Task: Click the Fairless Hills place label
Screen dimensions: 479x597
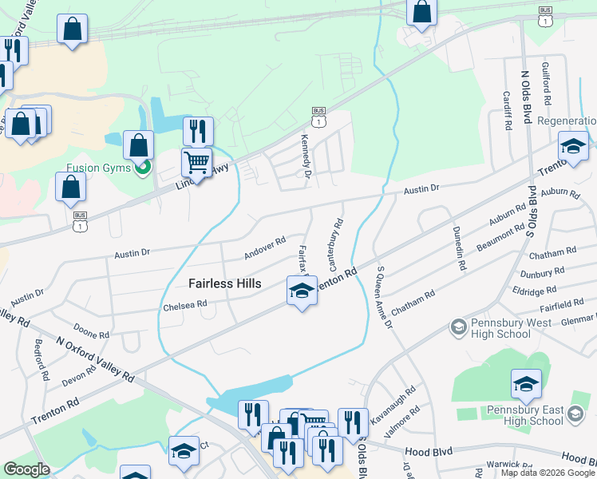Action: pyautogui.click(x=226, y=283)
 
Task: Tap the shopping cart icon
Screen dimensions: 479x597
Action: pyautogui.click(x=196, y=162)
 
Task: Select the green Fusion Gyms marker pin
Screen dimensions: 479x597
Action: pyautogui.click(x=143, y=168)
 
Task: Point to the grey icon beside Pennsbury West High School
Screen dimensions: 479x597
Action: pyautogui.click(x=458, y=327)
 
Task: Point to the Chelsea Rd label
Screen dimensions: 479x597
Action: pyautogui.click(x=184, y=304)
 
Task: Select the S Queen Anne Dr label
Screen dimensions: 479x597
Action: pyautogui.click(x=384, y=296)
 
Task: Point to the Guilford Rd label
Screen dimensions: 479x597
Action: pyautogui.click(x=547, y=85)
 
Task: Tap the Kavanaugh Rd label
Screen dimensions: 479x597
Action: pyautogui.click(x=394, y=403)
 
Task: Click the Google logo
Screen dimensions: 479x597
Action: pyautogui.click(x=26, y=469)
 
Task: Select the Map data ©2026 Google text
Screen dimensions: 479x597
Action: pyautogui.click(x=548, y=473)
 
